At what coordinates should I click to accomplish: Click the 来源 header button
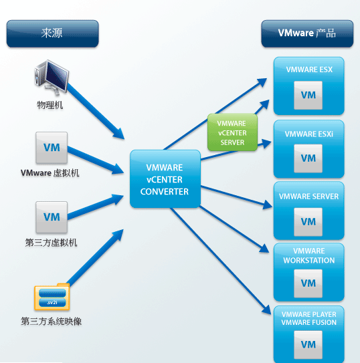[52, 33]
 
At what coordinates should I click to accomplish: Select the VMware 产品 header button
[306, 33]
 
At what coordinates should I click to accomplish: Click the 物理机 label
[50, 105]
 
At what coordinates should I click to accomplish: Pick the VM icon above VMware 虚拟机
[52, 147]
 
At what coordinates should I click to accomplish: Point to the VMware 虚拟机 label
[50, 172]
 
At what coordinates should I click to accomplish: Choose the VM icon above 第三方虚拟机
[52, 217]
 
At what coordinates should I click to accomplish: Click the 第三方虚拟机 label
[51, 243]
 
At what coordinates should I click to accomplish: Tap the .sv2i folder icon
[52, 295]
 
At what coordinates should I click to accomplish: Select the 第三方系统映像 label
[51, 322]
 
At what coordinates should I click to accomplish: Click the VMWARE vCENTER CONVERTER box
[164, 178]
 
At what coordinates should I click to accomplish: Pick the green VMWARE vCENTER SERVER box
[232, 132]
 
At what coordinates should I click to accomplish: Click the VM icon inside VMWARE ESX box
[308, 96]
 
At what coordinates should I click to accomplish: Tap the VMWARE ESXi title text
[308, 134]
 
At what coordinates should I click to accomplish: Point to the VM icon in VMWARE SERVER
[308, 221]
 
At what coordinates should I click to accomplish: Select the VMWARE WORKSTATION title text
[308, 255]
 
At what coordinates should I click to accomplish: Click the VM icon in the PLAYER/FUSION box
[308, 344]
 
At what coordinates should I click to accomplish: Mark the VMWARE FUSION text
[308, 322]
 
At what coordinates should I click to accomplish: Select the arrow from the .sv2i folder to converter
[97, 257]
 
